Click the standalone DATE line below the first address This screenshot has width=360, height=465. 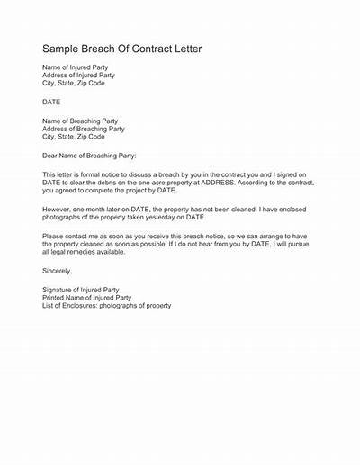pos(52,103)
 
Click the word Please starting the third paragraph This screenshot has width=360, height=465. pos(54,237)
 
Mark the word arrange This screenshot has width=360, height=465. pos(270,237)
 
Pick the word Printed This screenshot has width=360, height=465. pos(56,297)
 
